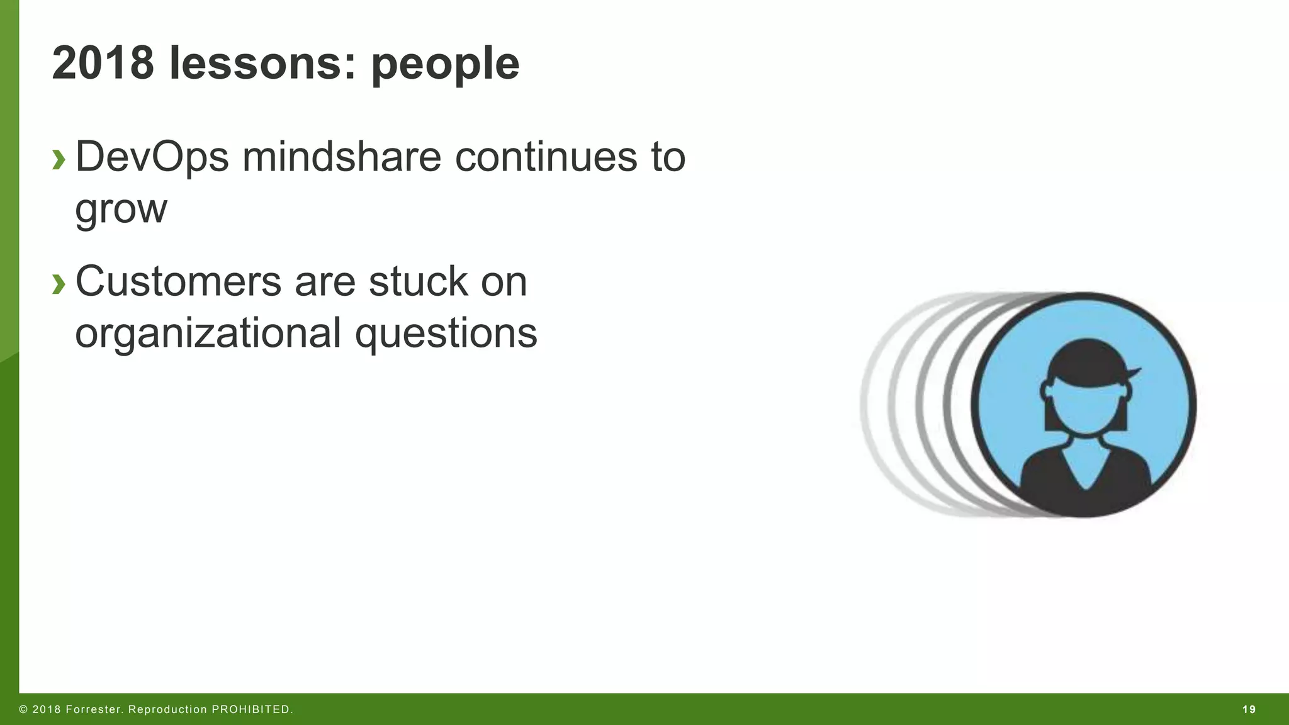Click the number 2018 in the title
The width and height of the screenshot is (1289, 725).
pos(103,63)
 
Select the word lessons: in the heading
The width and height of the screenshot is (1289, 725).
pos(262,63)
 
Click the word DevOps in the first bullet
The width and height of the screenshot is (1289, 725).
pos(152,157)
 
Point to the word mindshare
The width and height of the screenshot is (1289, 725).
pos(342,157)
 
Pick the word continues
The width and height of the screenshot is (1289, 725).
pos(546,157)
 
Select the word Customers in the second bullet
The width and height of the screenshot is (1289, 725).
pos(178,281)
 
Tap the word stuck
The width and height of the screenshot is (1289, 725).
pos(418,281)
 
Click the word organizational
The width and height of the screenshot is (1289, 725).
pos(208,333)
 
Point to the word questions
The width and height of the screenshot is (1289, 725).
pos(446,334)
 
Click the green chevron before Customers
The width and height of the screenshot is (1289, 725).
pos(59,284)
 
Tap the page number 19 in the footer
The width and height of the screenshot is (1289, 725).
pos(1249,710)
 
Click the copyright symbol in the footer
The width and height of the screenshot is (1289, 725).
pos(23,710)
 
